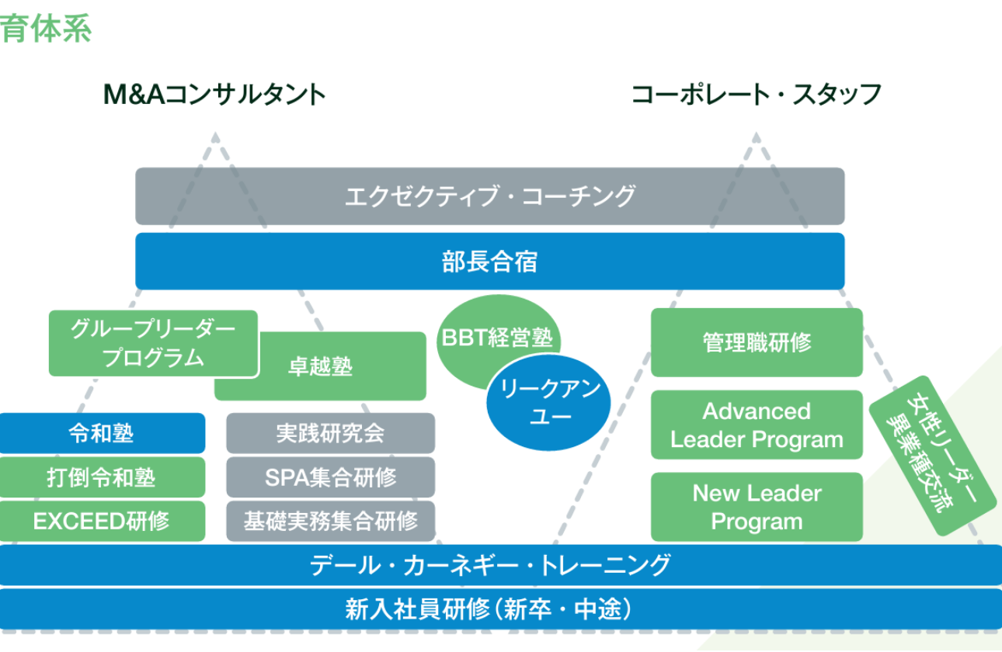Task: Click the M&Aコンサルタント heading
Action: [x=214, y=95]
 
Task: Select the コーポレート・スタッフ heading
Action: [x=756, y=95]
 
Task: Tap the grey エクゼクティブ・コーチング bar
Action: [x=489, y=196]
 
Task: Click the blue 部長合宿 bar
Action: [x=489, y=262]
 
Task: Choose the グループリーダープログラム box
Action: [x=152, y=343]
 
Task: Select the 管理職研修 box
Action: [x=757, y=343]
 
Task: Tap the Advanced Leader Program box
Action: [x=757, y=425]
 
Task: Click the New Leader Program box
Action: [x=757, y=507]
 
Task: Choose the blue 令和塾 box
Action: [x=102, y=433]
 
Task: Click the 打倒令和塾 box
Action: [x=102, y=477]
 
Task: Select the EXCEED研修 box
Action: [x=102, y=521]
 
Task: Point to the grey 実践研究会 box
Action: [x=330, y=433]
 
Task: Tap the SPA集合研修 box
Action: [x=330, y=477]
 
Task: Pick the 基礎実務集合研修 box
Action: [x=330, y=521]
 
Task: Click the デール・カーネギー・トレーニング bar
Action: [x=489, y=565]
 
